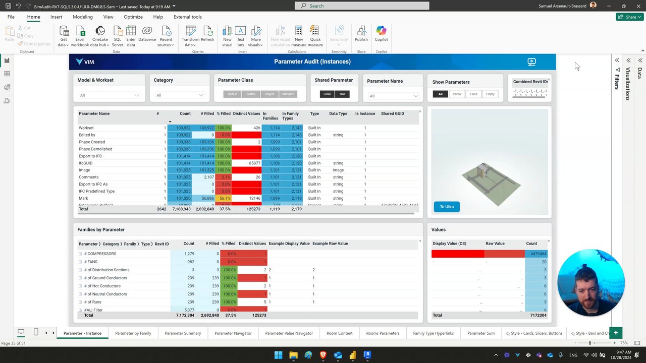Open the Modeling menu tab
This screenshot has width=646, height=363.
(x=83, y=17)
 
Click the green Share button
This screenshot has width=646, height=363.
(x=629, y=17)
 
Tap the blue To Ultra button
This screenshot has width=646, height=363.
(x=447, y=207)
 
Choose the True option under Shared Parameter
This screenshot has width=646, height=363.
(x=342, y=94)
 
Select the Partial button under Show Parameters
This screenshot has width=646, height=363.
(x=457, y=94)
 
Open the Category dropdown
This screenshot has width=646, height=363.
(x=179, y=95)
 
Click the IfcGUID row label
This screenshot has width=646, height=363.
(x=86, y=163)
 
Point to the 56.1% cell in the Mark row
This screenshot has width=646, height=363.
(x=224, y=199)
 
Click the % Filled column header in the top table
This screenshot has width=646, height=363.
(x=224, y=114)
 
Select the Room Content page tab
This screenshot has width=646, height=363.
(x=339, y=333)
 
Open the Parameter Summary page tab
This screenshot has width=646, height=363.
(x=183, y=333)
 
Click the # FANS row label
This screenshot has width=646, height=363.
(x=91, y=262)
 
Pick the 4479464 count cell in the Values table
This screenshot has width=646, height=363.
(x=536, y=254)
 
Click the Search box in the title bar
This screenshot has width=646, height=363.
(x=362, y=6)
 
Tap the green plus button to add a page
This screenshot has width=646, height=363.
(x=616, y=333)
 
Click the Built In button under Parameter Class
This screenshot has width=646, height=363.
(x=232, y=94)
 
